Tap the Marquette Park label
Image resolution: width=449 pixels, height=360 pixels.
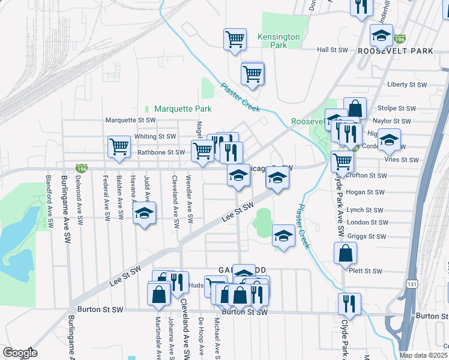tap(182, 109)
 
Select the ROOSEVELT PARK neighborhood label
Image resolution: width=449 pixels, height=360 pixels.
tap(395, 52)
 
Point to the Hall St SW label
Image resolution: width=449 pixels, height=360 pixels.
tap(333, 50)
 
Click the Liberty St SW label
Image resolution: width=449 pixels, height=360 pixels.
tap(406, 85)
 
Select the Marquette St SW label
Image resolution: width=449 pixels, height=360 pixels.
tap(130, 120)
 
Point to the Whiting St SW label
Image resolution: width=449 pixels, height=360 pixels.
tap(155, 137)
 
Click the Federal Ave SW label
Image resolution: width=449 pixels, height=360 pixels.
tap(106, 197)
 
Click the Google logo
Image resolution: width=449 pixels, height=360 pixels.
tap(20, 353)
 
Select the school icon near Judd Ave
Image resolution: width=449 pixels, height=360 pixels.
tap(144, 214)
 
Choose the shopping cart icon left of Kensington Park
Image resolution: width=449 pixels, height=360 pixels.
tap(235, 40)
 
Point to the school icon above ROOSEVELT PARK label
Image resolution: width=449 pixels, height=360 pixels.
tap(381, 36)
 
